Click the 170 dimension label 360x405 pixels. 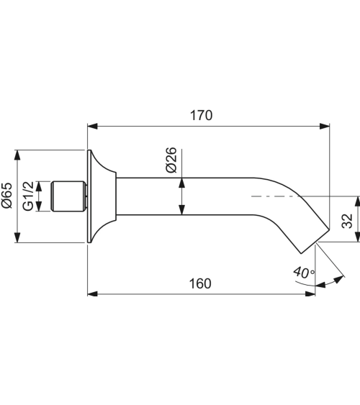(202, 115)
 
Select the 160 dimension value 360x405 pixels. (200, 283)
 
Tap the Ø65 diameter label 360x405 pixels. (7, 196)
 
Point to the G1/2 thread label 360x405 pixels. (28, 196)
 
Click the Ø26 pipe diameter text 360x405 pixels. (171, 160)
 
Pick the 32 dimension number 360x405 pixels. (347, 221)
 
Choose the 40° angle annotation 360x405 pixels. (304, 273)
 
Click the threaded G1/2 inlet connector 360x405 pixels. (69, 196)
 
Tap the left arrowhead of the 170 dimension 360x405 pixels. (92, 127)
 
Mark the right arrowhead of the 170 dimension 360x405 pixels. (325, 127)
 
